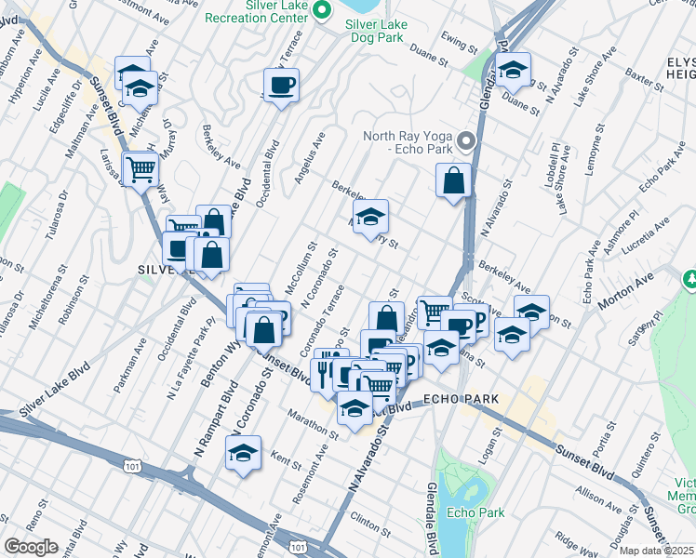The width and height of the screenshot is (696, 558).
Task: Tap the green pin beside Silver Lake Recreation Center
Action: [x=323, y=11]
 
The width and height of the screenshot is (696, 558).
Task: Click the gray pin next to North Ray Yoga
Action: [x=466, y=142]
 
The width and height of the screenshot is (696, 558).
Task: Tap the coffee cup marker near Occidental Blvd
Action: [x=280, y=86]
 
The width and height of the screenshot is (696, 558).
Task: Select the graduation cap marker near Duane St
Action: [x=512, y=70]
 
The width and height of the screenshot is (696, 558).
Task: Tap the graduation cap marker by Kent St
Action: [x=243, y=453]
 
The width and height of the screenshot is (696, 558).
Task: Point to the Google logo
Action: [x=31, y=547]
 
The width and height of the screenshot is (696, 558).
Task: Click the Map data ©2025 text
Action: [x=657, y=551]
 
